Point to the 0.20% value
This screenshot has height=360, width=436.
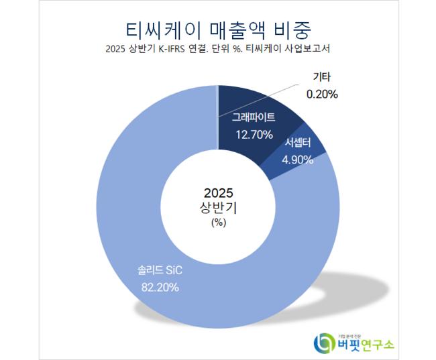tap(321, 95)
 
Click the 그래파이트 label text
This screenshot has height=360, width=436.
tap(254, 118)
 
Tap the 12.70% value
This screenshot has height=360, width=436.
tap(254, 134)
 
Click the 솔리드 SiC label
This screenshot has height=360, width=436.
tap(156, 272)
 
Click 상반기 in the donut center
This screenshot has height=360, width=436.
tap(218, 208)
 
